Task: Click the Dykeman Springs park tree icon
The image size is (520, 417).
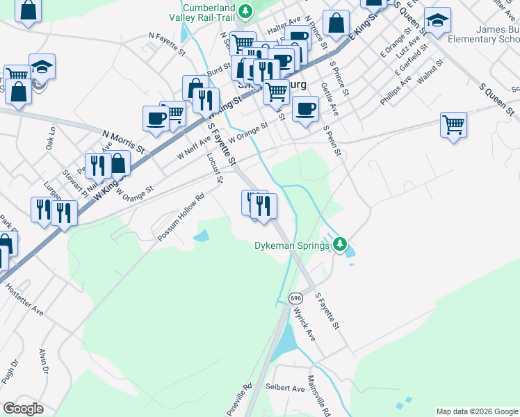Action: [340, 244]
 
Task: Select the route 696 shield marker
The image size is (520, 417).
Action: [296, 297]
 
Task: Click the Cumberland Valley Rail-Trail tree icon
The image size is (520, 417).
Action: [245, 10]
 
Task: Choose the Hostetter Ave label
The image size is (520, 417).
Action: [23, 300]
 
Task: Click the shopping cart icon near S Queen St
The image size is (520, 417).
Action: [453, 126]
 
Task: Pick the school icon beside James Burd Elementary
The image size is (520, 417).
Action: [437, 22]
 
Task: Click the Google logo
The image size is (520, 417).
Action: [22, 409]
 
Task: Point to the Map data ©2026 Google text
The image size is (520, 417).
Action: [477, 411]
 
